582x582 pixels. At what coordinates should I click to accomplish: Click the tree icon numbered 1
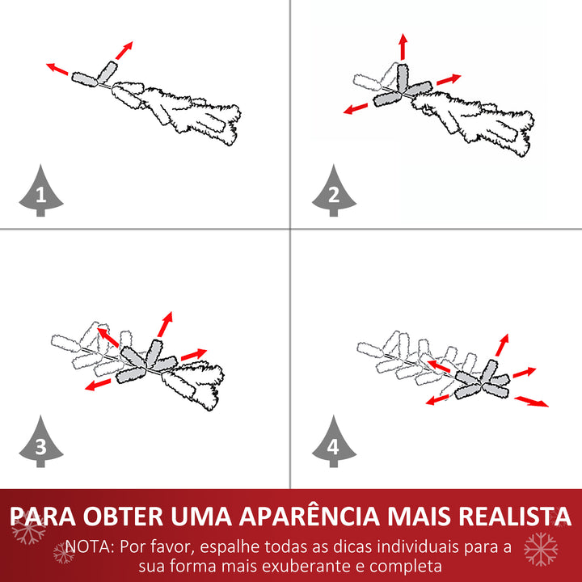(40, 192)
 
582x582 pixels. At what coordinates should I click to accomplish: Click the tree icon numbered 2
(334, 192)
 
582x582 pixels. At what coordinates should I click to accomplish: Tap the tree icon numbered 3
(40, 444)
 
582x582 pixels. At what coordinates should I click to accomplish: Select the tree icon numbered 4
(334, 444)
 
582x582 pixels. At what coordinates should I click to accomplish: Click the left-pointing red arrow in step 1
(57, 69)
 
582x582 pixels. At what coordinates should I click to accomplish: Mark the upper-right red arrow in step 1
(123, 49)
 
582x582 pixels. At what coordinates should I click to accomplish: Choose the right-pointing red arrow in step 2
(449, 80)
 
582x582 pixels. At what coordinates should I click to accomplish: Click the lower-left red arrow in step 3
(99, 385)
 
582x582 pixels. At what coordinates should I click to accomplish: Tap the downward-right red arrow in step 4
(532, 400)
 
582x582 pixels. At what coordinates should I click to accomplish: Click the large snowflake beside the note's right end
(541, 549)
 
